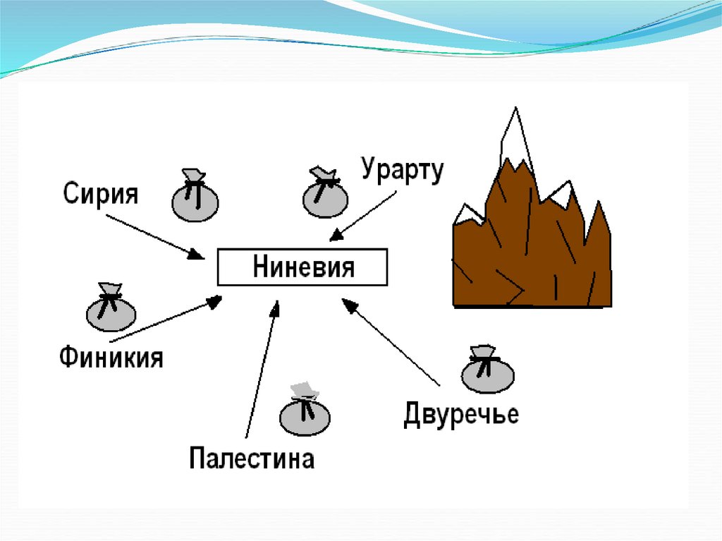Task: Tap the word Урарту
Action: tap(402, 171)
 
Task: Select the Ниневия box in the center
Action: tap(302, 268)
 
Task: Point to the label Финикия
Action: tap(111, 358)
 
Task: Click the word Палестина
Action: tap(252, 459)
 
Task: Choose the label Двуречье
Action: tap(461, 413)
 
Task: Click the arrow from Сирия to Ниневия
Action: tap(154, 236)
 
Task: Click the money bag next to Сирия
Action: tap(195, 197)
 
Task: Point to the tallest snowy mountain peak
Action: tap(514, 134)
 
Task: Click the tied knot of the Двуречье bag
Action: tap(485, 359)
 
